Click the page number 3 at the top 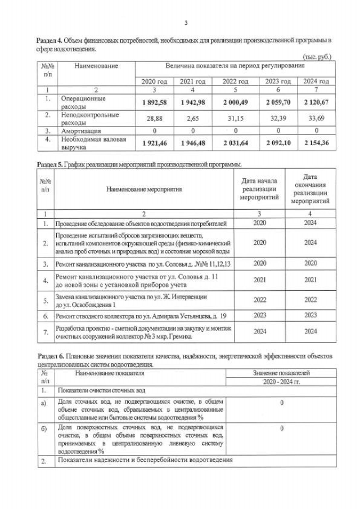[x=186, y=23]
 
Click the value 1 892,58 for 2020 [x=154, y=102]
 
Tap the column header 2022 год [x=235, y=82]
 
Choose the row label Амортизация [x=82, y=130]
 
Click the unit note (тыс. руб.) [x=317, y=57]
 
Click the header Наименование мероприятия [x=144, y=190]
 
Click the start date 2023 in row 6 [x=260, y=316]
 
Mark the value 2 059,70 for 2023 [x=277, y=102]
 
